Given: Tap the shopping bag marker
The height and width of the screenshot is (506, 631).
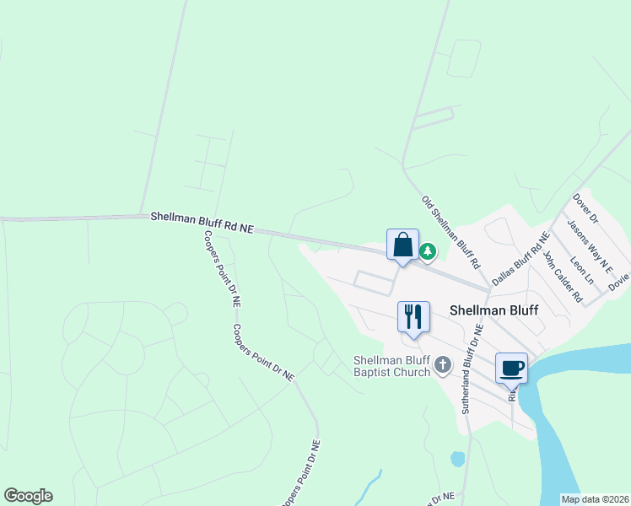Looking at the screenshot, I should click(x=402, y=245).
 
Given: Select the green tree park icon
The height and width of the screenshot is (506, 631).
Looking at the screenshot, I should click(x=428, y=250).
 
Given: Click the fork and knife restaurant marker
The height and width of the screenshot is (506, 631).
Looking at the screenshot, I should click(x=413, y=318).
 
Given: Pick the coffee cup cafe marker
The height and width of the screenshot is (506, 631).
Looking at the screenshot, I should click(x=512, y=368).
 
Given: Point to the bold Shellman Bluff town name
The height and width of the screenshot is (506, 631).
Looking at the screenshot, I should click(x=488, y=310).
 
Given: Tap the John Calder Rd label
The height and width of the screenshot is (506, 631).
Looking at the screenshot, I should click(x=563, y=276).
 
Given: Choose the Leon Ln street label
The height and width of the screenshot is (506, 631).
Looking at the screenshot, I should click(x=583, y=269).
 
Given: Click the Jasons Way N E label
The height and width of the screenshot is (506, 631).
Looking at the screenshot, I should click(x=588, y=243).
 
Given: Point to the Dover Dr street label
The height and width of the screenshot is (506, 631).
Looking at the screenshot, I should click(x=585, y=208).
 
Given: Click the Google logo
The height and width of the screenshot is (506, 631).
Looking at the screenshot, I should click(x=28, y=496).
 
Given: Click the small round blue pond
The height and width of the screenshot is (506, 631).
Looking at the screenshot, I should click(x=457, y=460).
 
